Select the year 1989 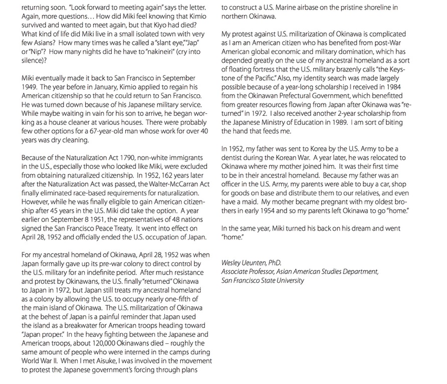[x=345, y=122]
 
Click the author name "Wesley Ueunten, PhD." [x=251, y=262]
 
